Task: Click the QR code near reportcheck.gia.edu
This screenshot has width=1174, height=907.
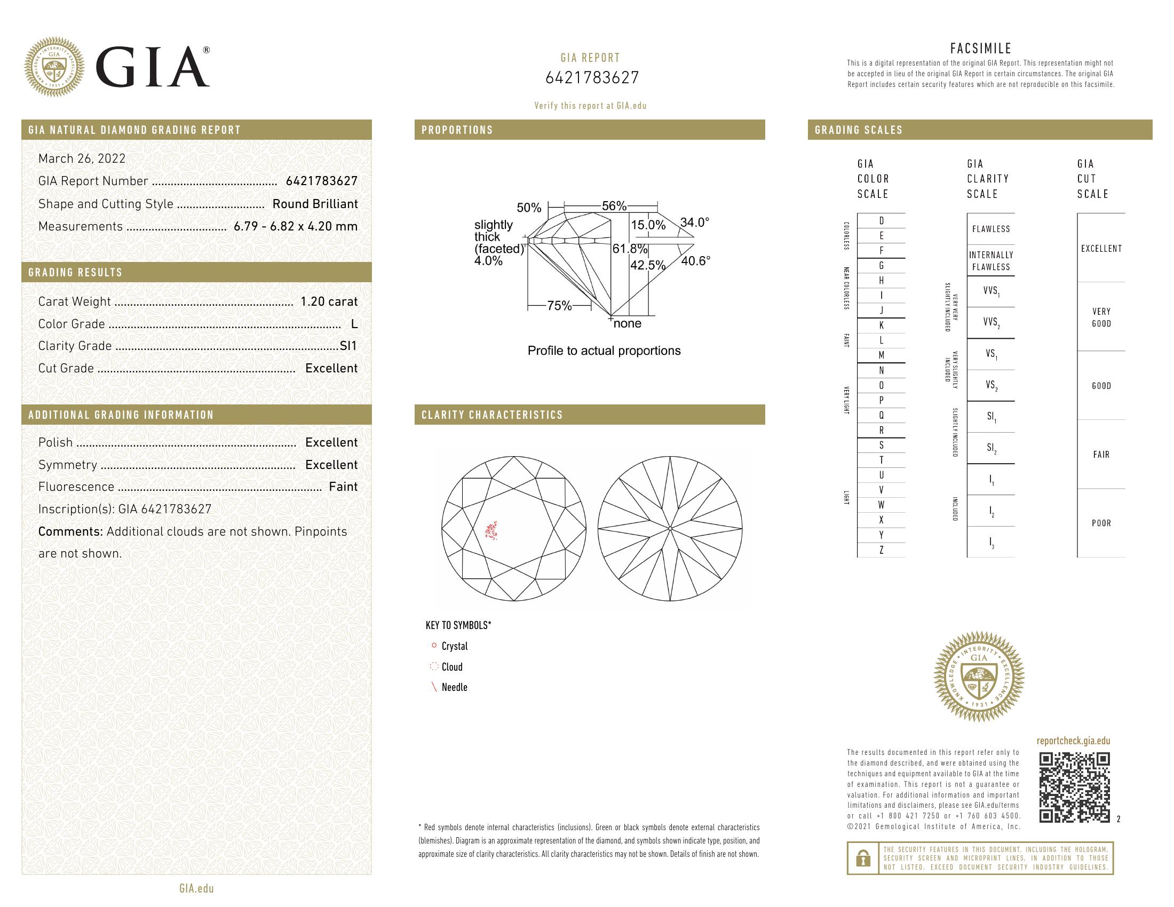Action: tap(1074, 787)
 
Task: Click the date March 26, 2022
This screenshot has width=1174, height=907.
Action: tap(82, 158)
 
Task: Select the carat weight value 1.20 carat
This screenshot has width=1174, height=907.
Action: tap(328, 301)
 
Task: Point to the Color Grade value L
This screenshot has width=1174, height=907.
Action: tap(354, 324)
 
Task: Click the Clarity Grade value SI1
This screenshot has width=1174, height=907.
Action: tap(348, 346)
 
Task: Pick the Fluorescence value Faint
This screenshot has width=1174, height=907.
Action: tap(343, 487)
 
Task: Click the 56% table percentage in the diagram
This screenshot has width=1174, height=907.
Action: tap(614, 206)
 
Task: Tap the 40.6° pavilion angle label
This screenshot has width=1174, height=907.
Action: tap(695, 261)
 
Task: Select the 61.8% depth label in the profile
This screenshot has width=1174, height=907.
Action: tap(630, 249)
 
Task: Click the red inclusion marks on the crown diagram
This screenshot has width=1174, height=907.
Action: tap(490, 530)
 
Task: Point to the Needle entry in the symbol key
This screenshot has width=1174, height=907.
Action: tap(454, 687)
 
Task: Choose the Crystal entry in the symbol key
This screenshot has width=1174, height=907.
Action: tap(454, 647)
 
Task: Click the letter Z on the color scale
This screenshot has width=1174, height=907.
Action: tap(881, 550)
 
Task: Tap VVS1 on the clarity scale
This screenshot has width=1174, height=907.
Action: tap(991, 291)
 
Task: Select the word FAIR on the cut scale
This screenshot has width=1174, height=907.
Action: tap(1101, 455)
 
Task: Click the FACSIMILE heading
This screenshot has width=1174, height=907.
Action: tap(980, 49)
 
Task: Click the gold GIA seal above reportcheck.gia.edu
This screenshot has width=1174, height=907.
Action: tap(978, 677)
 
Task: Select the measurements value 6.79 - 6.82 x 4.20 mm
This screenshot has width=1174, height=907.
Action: tap(295, 226)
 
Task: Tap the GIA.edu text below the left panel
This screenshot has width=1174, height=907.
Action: tap(196, 888)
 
